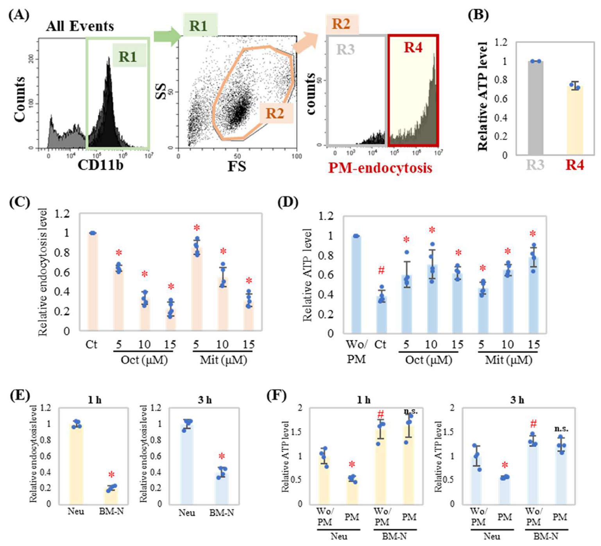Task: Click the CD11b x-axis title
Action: [x=100, y=165]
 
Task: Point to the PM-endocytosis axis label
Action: [x=380, y=168]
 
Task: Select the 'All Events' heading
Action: [x=80, y=27]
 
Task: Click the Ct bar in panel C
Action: [x=92, y=281]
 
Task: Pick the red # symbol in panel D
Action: [x=381, y=270]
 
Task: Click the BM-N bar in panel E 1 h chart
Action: [x=111, y=495]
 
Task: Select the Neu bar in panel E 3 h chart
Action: [x=186, y=465]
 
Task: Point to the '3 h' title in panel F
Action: [x=517, y=400]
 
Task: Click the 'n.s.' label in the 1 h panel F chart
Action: [x=410, y=411]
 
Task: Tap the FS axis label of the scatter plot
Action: [x=237, y=166]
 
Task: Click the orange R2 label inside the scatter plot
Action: [x=275, y=113]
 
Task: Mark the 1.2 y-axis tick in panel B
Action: [x=501, y=42]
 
